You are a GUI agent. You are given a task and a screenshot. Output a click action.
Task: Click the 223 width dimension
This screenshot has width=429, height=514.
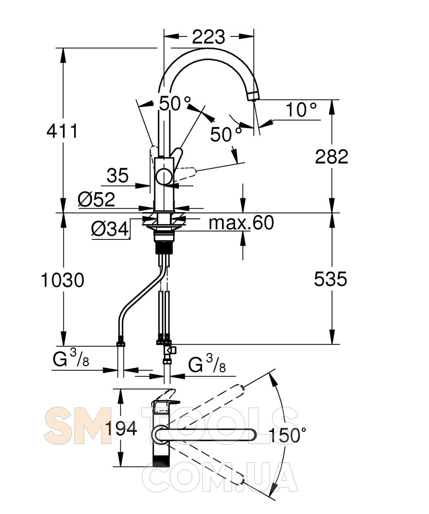pos(208,37)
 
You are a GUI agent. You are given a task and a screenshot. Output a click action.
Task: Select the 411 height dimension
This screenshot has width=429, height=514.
pos(62,131)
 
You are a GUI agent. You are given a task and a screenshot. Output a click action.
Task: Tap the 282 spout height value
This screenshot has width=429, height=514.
pos(332,157)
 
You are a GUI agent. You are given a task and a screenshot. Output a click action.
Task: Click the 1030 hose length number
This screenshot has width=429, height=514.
pos(62,280)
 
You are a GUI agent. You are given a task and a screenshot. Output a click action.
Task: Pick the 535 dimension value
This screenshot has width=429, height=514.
pos(330,279)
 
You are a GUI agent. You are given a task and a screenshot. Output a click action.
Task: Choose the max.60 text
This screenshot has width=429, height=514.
pos(241,222)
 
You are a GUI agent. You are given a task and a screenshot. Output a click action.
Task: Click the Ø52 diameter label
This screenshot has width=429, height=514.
pos(96,199)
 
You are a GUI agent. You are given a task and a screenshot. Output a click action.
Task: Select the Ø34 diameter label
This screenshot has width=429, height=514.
pos(110,229)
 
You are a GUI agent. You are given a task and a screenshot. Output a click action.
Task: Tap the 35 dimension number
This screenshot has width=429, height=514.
pos(117,176)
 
